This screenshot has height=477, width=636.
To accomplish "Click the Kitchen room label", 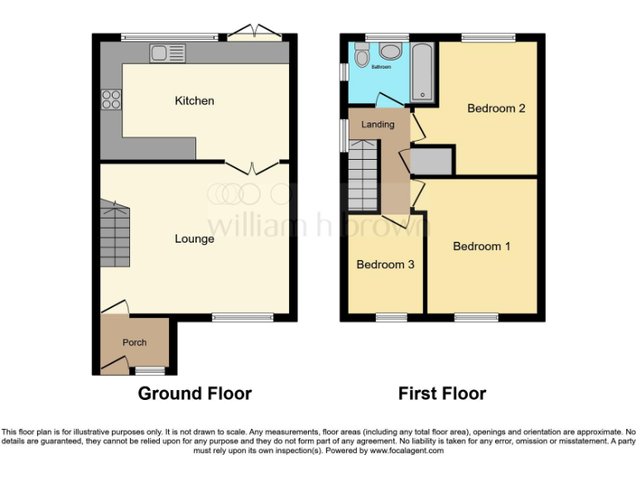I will [x=194, y=101].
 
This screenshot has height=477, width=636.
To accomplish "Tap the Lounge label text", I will [x=194, y=239].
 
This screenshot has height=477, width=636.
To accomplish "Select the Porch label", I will [x=134, y=343].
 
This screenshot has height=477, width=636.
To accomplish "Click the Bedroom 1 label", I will [x=481, y=246].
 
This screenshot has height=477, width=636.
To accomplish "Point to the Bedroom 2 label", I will [x=496, y=108].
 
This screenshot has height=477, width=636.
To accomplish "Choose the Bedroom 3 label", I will [x=385, y=265].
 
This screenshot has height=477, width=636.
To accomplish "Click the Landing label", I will [x=378, y=125].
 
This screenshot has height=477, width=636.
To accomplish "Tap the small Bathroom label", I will [x=381, y=67].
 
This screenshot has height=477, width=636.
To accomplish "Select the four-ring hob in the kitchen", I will [x=111, y=99].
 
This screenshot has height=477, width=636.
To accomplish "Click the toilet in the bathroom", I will [x=361, y=56].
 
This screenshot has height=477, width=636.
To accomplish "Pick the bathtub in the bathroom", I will [x=422, y=73].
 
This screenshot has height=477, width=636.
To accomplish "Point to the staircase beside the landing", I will [x=362, y=176].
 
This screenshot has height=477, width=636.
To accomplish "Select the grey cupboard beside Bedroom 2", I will [x=431, y=161].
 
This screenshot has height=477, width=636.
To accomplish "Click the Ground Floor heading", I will [x=194, y=393].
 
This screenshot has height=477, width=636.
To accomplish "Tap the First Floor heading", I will [x=441, y=393].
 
